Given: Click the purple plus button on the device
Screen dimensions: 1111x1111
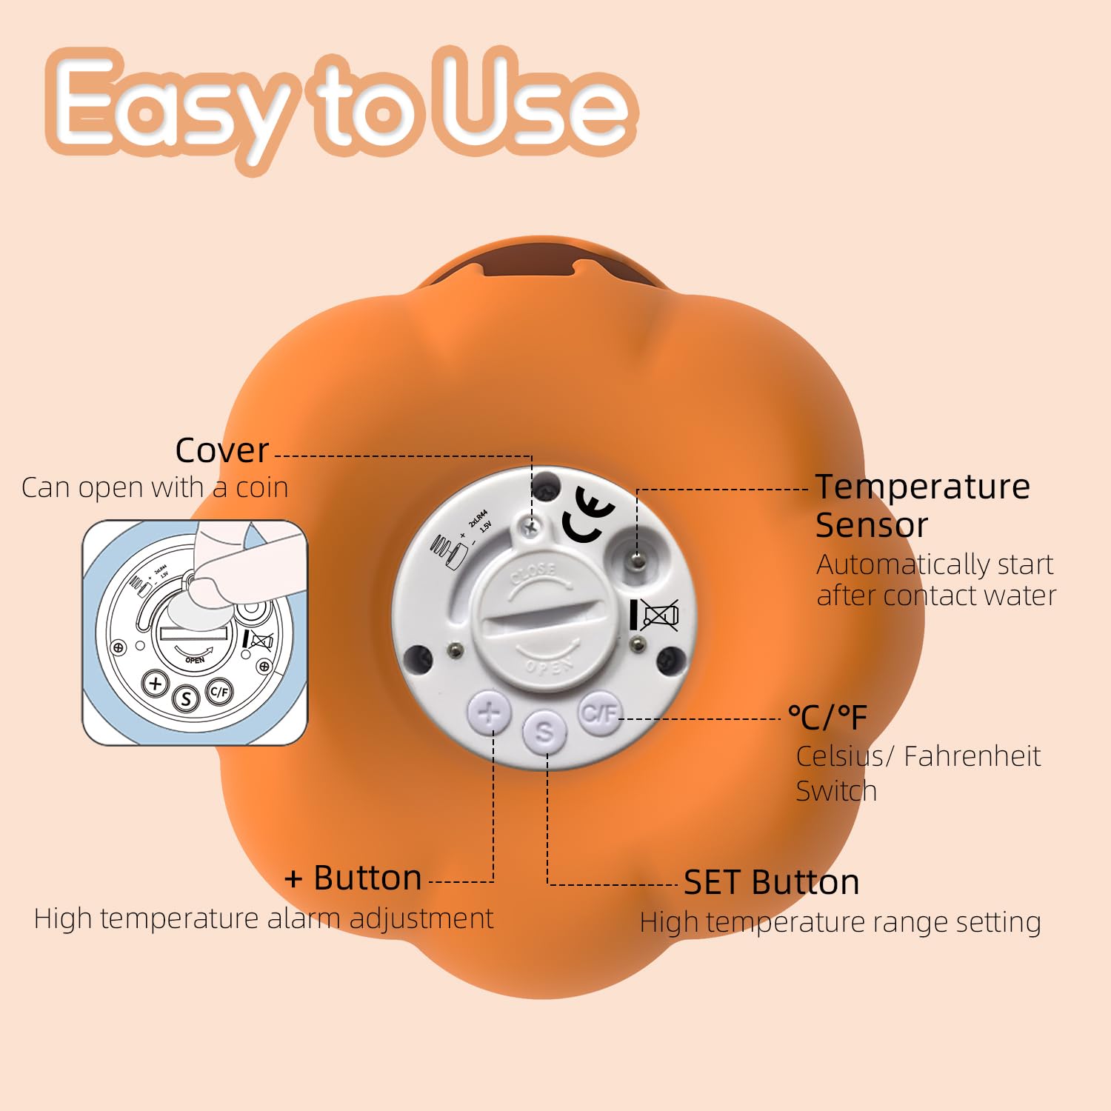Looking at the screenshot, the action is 490,713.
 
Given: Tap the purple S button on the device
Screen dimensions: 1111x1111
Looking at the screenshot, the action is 544,732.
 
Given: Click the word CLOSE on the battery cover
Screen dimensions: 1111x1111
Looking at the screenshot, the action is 533,572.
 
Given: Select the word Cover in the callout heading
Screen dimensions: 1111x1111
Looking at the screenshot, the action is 221,450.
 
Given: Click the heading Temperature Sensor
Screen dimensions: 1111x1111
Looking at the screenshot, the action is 922,505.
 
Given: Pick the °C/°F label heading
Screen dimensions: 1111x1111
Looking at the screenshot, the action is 827,717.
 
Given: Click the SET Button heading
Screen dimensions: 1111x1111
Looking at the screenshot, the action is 771,882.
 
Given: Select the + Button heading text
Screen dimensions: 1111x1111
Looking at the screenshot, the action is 353,878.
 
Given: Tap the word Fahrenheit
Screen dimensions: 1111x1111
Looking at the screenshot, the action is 972,756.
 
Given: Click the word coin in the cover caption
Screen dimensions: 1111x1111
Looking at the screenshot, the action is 261,487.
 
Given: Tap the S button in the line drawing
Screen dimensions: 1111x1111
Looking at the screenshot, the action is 186,698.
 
